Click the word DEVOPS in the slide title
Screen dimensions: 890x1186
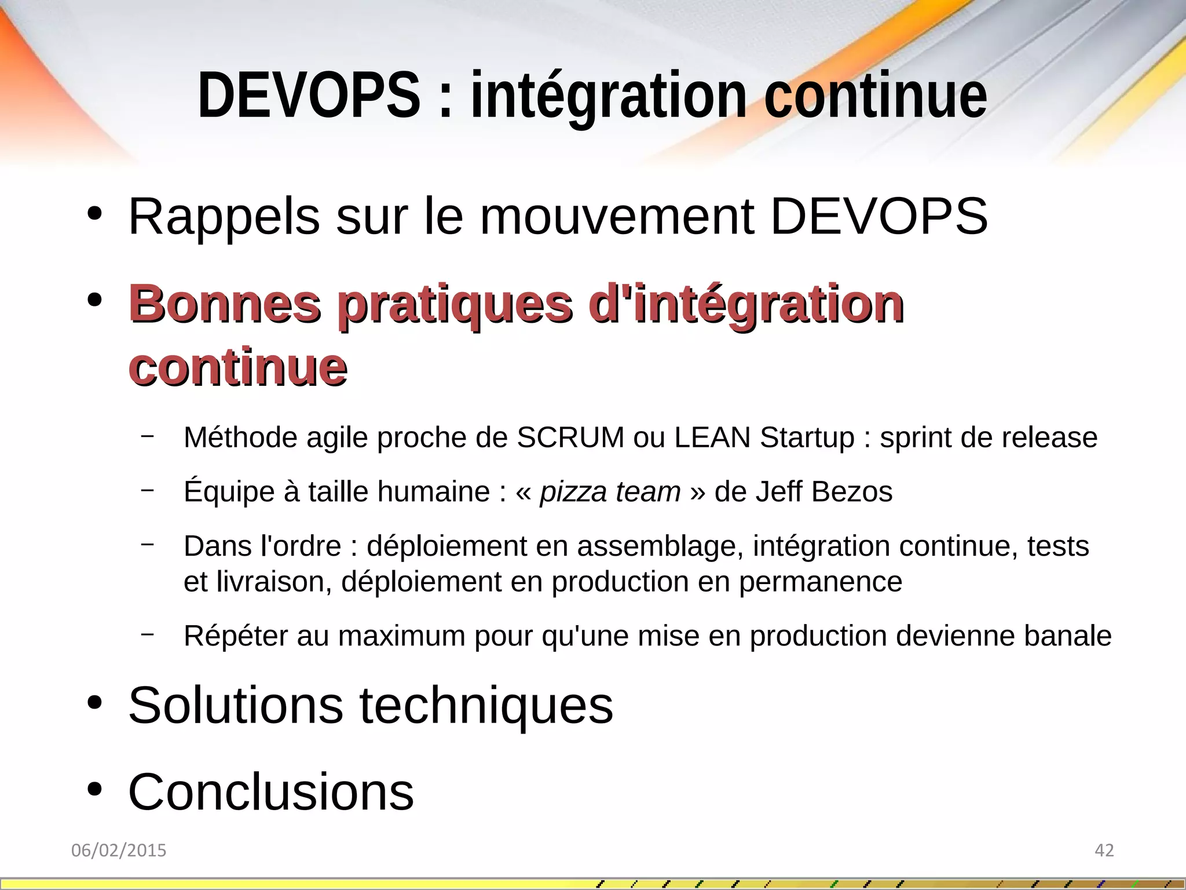(x=309, y=95)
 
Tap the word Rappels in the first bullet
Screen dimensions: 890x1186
(x=224, y=217)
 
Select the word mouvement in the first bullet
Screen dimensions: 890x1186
(x=617, y=217)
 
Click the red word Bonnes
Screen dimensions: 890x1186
(x=225, y=304)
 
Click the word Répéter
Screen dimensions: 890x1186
(x=235, y=636)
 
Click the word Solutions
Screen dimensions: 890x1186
(x=236, y=705)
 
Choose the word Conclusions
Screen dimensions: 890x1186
(x=271, y=792)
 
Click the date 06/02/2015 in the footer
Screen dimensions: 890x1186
(x=119, y=851)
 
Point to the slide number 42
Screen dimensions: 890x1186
(x=1104, y=851)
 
